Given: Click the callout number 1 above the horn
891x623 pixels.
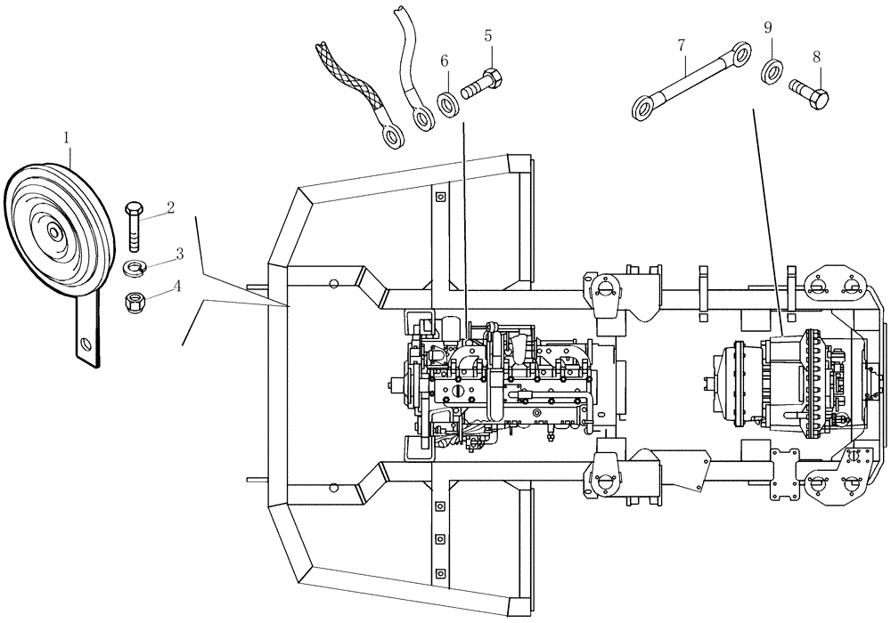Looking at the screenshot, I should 66,137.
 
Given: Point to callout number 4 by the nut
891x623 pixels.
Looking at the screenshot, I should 178,287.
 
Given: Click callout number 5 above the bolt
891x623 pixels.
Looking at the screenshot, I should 488,36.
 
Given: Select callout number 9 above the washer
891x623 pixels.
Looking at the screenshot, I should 768,28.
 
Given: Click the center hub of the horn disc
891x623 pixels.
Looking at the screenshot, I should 56,233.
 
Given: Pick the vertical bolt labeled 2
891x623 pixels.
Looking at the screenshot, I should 134,227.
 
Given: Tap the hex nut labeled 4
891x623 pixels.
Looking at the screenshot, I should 136,301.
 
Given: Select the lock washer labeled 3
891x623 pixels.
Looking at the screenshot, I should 135,268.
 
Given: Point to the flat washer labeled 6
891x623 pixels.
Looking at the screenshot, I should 448,103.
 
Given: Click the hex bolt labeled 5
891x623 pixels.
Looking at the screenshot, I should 484,85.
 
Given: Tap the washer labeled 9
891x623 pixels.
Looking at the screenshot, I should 772,70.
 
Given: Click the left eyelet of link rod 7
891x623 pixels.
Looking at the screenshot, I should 643,109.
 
